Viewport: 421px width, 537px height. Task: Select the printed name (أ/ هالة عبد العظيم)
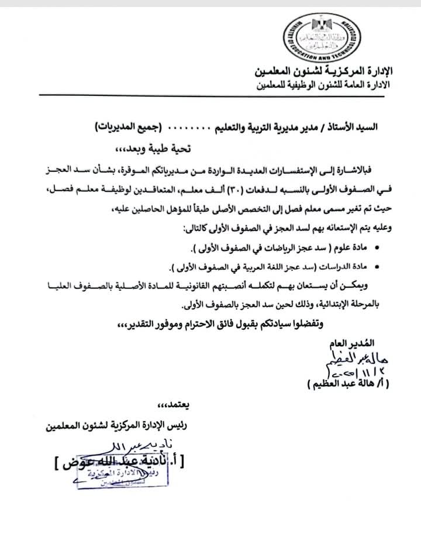click(x=348, y=384)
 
